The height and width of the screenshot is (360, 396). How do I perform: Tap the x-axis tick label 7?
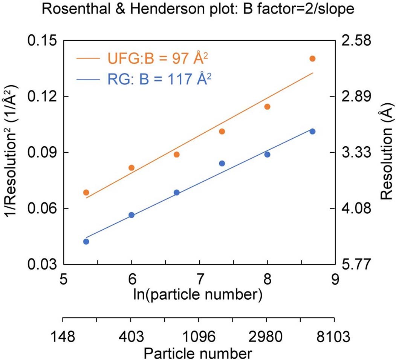tap(199, 279)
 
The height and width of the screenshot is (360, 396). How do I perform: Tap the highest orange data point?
tap(312, 59)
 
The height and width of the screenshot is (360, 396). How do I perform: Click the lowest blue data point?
tap(86, 242)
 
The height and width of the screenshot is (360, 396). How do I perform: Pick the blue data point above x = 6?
tap(131, 215)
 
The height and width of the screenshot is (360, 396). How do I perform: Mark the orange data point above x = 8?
tap(267, 107)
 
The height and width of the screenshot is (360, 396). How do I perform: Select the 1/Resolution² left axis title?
tap(11, 153)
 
